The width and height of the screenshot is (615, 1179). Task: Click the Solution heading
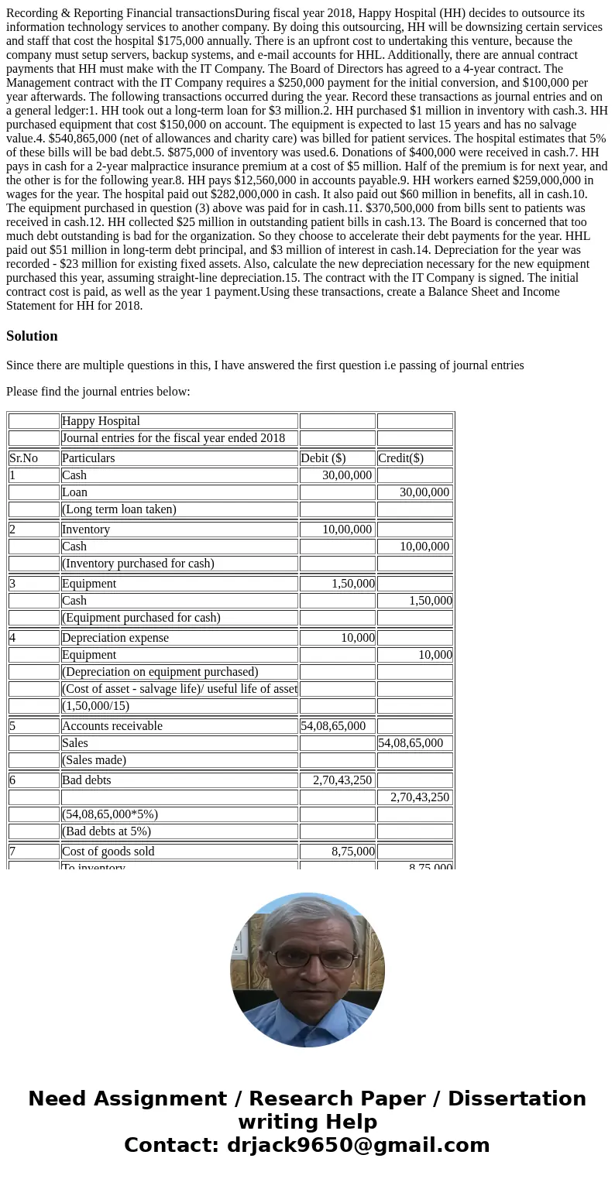(x=32, y=336)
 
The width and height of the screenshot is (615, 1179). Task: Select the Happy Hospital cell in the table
(x=101, y=421)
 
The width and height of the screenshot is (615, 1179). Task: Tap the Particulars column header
(x=88, y=458)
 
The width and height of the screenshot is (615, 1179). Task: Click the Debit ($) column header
(x=323, y=458)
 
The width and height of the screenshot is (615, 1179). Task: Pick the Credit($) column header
(x=400, y=458)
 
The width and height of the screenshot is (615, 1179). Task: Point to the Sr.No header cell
(x=23, y=458)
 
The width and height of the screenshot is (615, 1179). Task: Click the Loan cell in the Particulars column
(x=74, y=492)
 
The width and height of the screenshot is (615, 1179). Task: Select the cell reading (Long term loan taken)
(x=119, y=509)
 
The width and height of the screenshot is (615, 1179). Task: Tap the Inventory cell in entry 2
(x=86, y=530)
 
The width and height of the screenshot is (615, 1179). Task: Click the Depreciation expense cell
(x=115, y=638)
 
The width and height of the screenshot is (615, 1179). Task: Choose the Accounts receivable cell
(x=112, y=726)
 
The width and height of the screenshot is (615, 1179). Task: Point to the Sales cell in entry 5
(x=76, y=743)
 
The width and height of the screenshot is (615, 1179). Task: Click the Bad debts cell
(x=87, y=780)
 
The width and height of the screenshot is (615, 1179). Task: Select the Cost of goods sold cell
(x=108, y=852)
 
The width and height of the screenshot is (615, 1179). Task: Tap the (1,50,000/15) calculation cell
(x=95, y=706)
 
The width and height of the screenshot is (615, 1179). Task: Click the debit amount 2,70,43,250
(x=342, y=780)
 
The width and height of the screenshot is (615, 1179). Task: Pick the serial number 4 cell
(x=13, y=638)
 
